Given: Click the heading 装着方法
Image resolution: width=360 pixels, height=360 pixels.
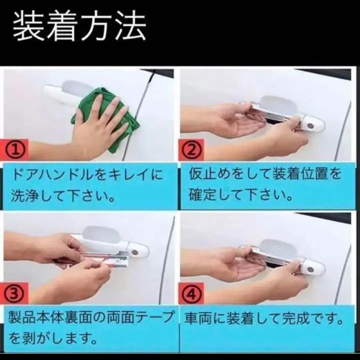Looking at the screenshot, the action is (80, 26).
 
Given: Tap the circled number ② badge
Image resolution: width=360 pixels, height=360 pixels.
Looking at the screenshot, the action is (193, 151).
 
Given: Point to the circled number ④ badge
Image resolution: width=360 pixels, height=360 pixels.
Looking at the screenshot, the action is (193, 294).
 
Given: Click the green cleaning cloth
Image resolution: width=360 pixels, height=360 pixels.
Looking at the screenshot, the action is (106, 122).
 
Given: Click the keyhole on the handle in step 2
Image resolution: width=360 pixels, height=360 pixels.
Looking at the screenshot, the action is (311, 126).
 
